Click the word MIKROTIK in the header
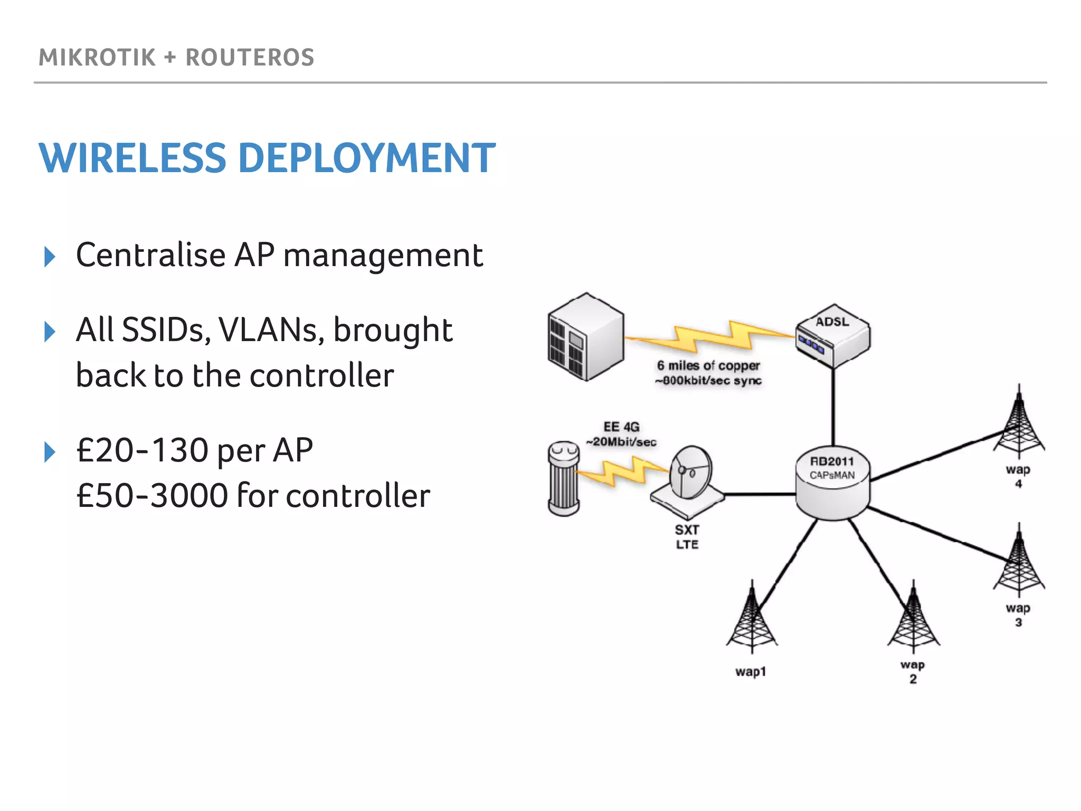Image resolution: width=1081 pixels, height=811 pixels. [x=97, y=57]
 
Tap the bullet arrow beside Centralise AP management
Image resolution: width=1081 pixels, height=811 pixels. [x=50, y=257]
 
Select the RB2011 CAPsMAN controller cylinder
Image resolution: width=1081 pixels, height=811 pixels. [x=832, y=484]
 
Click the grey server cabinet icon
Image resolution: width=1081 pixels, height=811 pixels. [x=585, y=337]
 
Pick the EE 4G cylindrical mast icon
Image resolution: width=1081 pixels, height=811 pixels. [x=564, y=478]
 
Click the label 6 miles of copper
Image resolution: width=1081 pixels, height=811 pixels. [x=708, y=365]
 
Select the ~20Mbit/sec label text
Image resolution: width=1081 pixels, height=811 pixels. [x=621, y=442]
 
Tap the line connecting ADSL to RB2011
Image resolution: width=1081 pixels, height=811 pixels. [x=833, y=407]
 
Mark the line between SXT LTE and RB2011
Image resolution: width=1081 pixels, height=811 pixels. [x=760, y=495]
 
